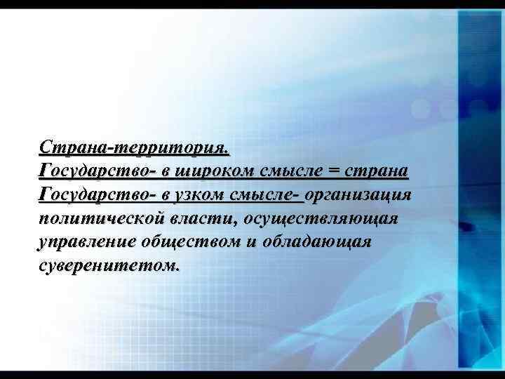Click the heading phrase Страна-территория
click(x=134, y=147)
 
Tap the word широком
click(x=219, y=171)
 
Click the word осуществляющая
click(x=321, y=218)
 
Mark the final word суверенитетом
click(x=109, y=266)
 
